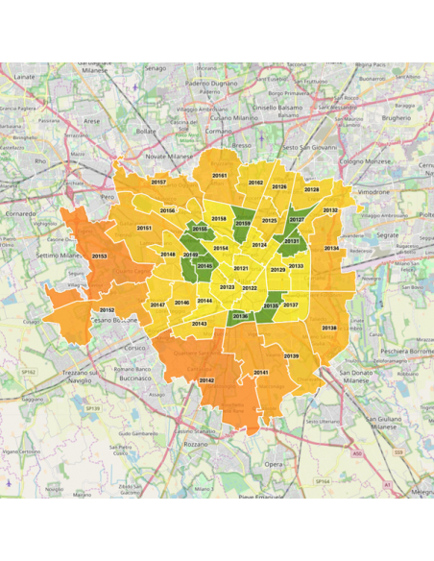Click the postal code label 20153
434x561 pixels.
[x=99, y=256]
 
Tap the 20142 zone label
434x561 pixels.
[x=206, y=380]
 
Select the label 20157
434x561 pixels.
[x=159, y=182]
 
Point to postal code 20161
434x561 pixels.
[x=220, y=176]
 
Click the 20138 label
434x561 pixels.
[x=329, y=328]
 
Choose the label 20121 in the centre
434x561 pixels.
[x=241, y=268]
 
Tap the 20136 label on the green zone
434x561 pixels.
[x=240, y=316]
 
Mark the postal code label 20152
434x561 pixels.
[x=107, y=310]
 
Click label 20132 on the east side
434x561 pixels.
[x=330, y=209]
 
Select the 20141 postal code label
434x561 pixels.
[x=260, y=372]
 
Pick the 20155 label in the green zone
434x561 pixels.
[x=200, y=229]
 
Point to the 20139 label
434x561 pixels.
[x=291, y=356]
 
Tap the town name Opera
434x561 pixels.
[x=274, y=463]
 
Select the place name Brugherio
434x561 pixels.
[x=396, y=117]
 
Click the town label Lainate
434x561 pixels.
[x=25, y=76]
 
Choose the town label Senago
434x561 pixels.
[x=156, y=68]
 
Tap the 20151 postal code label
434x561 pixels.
[x=144, y=228]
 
